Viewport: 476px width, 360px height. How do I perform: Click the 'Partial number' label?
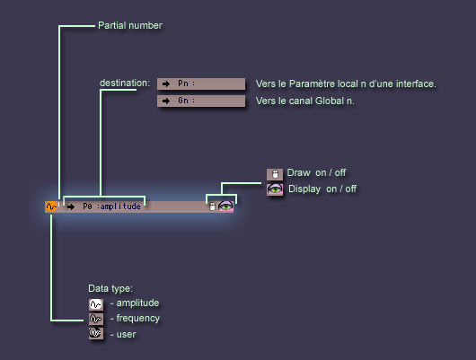130,25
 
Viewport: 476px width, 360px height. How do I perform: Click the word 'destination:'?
125,83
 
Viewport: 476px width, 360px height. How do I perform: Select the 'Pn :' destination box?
201,83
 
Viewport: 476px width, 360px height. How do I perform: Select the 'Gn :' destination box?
201,101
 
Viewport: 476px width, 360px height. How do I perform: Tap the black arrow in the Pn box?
166,83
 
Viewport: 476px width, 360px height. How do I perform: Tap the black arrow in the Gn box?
166,101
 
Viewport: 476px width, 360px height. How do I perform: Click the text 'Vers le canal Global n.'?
304,101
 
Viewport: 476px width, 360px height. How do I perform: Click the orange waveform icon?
51,206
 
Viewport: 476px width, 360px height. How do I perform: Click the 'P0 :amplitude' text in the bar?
111,206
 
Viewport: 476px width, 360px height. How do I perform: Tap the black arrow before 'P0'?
71,207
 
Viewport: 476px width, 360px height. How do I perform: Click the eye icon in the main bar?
225,206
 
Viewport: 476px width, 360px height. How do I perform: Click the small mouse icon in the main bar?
213,206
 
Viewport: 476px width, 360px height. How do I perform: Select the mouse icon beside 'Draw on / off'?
275,174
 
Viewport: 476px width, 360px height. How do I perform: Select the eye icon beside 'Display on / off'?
275,189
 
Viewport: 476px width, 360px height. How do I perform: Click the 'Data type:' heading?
110,288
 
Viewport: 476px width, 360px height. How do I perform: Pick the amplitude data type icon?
96,304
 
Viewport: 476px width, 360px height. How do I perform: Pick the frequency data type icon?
96,319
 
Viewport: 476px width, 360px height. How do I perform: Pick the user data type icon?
96,334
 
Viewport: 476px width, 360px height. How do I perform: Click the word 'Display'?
304,189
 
